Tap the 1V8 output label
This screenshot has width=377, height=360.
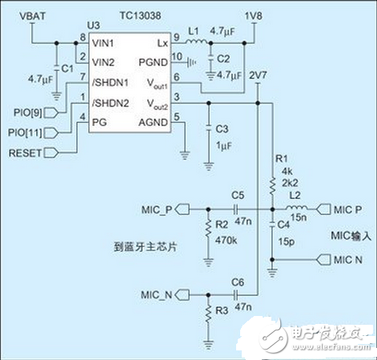(252, 16)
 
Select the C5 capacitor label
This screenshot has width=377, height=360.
(237, 195)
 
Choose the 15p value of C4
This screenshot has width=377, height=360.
(286, 240)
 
